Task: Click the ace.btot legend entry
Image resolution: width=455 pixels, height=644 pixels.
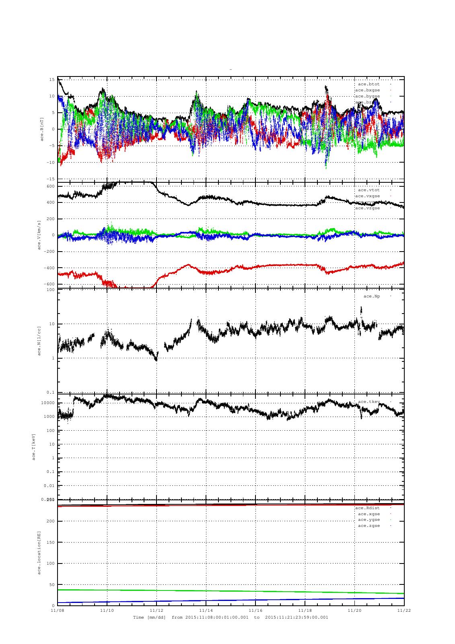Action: click(369, 84)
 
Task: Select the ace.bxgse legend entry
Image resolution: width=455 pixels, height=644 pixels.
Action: click(367, 90)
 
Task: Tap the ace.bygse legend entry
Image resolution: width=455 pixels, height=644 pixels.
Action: click(367, 96)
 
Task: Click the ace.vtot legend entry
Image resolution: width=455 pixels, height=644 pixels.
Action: click(369, 190)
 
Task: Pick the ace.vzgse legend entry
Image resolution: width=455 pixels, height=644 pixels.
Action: click(367, 208)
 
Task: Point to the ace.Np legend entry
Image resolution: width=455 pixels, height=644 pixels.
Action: click(371, 296)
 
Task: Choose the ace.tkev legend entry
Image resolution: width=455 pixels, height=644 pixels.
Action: click(369, 402)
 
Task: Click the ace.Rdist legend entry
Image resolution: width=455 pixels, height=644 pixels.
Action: click(367, 508)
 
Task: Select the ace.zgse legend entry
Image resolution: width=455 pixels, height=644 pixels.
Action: click(369, 526)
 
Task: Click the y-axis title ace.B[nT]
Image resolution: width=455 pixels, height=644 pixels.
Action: click(42, 129)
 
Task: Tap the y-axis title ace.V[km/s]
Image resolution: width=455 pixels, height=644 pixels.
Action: click(39, 235)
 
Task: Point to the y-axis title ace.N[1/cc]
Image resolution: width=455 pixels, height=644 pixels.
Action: click(39, 341)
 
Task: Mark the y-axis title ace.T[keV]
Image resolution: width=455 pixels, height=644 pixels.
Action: click(34, 446)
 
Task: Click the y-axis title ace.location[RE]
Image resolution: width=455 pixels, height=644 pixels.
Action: click(39, 552)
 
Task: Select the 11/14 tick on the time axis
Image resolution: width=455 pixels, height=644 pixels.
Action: click(206, 610)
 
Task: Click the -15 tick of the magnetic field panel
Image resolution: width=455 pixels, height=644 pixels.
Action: click(51, 179)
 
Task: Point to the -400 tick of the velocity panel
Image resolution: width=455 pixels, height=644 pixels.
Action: click(49, 268)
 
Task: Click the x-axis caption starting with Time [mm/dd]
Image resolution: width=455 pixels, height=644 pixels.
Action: click(231, 617)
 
